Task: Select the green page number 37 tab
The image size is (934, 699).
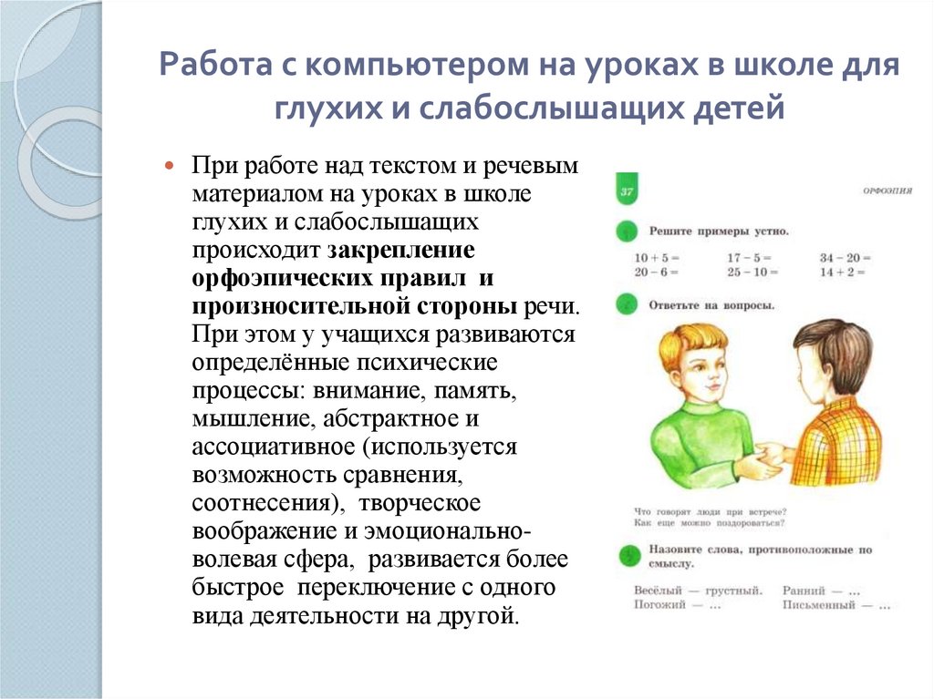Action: pyautogui.click(x=627, y=191)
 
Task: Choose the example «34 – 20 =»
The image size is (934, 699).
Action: pyautogui.click(x=845, y=258)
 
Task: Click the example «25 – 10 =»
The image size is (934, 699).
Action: pyautogui.click(x=752, y=272)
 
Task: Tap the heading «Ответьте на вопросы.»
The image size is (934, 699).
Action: pyautogui.click(x=711, y=304)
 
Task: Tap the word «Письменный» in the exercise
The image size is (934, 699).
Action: pyautogui.click(x=819, y=604)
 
